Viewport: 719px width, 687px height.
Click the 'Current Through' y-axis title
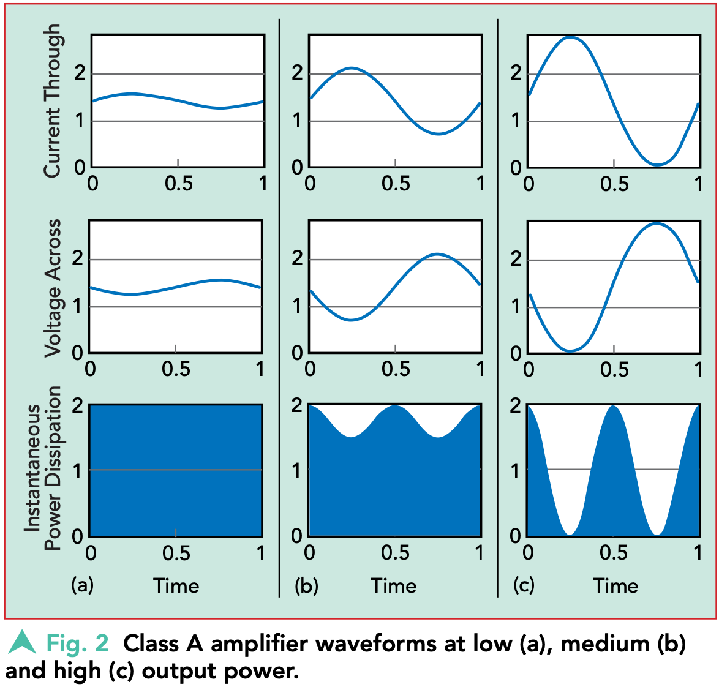point(53,101)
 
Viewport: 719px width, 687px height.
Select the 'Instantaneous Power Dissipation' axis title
point(43,468)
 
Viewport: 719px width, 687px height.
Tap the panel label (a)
point(83,585)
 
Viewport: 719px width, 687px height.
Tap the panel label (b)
point(306,585)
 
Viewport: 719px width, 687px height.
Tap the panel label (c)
point(524,585)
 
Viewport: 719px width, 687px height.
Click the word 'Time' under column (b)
point(394,586)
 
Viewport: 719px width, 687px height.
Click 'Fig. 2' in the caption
point(78,644)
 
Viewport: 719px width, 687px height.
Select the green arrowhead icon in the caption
point(23,642)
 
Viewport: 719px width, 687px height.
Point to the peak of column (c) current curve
point(570,37)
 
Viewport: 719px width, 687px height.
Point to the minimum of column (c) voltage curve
point(570,351)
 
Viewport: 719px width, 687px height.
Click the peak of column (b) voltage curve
point(437,253)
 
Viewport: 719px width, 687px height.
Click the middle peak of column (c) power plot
point(613,406)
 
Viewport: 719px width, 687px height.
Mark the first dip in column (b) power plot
point(351,437)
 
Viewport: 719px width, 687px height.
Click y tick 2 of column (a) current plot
point(80,73)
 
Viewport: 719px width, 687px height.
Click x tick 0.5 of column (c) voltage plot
point(614,369)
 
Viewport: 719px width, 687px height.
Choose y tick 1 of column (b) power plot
point(297,470)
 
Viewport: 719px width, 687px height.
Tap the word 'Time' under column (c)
point(615,586)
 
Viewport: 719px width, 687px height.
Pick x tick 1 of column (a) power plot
point(261,553)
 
